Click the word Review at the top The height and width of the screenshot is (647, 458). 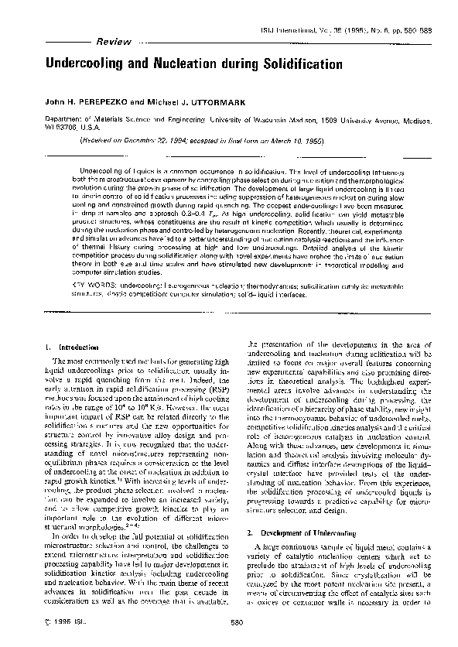pyautogui.click(x=104, y=41)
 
